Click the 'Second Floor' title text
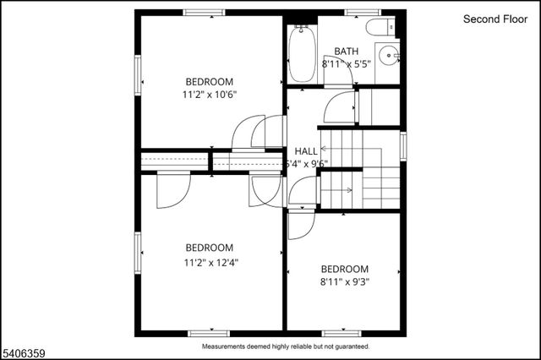coord(494,19)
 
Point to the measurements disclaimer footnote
coord(285,346)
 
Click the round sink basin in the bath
coord(389,56)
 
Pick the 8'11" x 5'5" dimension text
coord(349,63)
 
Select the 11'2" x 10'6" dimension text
coord(210,95)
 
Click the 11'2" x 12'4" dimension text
coord(210,262)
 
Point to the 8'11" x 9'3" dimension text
coord(345,281)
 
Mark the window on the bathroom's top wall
coord(358,13)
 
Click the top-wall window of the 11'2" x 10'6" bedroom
coord(204,13)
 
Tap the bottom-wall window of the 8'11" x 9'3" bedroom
coord(342,333)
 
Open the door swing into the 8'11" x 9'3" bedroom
coord(299,225)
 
